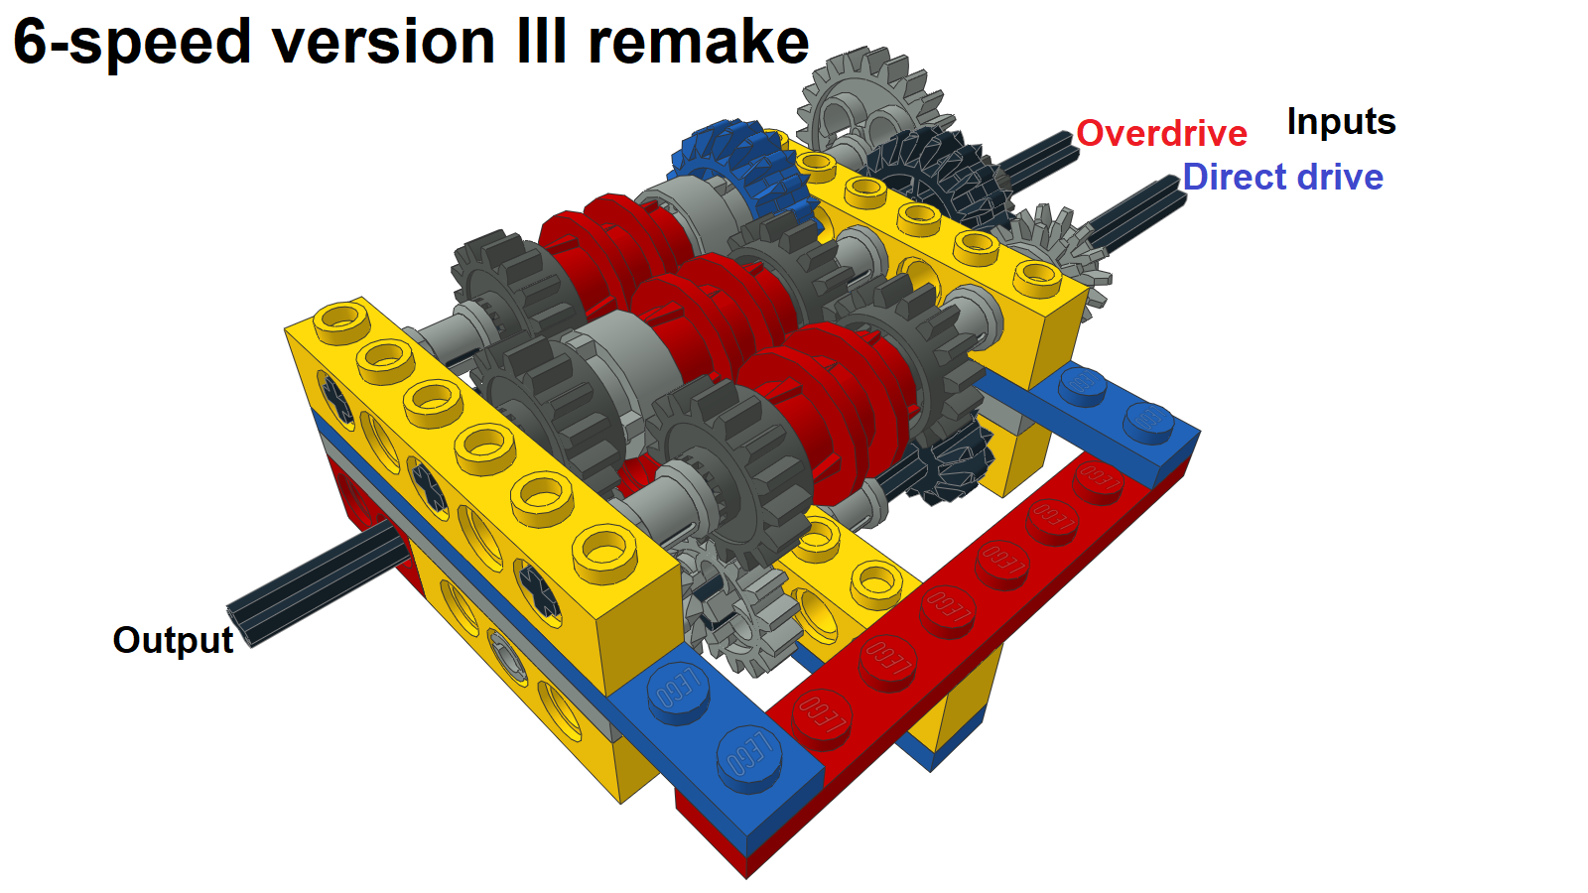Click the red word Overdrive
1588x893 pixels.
[x=1161, y=133]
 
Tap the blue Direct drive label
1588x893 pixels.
[x=1282, y=177]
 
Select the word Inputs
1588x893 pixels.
[x=1341, y=122]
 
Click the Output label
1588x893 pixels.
[x=173, y=640]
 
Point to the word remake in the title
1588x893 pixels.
[x=699, y=42]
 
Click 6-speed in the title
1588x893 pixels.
[x=132, y=44]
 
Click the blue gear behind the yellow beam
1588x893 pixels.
[x=740, y=170]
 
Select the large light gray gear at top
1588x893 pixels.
[x=868, y=99]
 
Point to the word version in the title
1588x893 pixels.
[x=384, y=42]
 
